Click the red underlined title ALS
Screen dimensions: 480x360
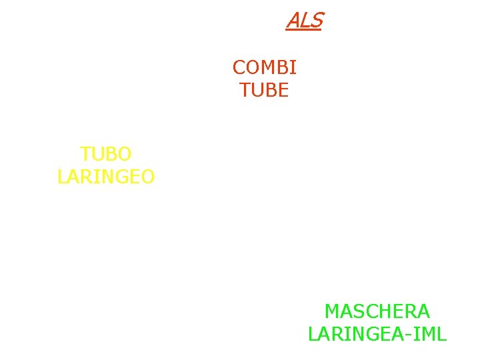(x=304, y=21)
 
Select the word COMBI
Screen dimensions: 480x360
(x=264, y=67)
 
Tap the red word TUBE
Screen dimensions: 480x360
(x=264, y=90)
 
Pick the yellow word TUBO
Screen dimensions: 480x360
(x=105, y=154)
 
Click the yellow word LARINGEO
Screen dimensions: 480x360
(x=106, y=177)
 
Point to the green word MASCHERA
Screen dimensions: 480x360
(x=377, y=311)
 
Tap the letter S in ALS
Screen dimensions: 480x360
(x=316, y=21)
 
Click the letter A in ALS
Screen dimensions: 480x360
(x=293, y=21)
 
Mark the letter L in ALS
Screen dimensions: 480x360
(x=305, y=21)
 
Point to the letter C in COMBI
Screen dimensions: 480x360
(x=239, y=67)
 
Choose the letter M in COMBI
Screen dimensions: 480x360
(x=268, y=67)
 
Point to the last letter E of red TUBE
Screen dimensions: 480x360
(x=283, y=90)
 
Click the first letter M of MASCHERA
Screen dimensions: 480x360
(x=332, y=311)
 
